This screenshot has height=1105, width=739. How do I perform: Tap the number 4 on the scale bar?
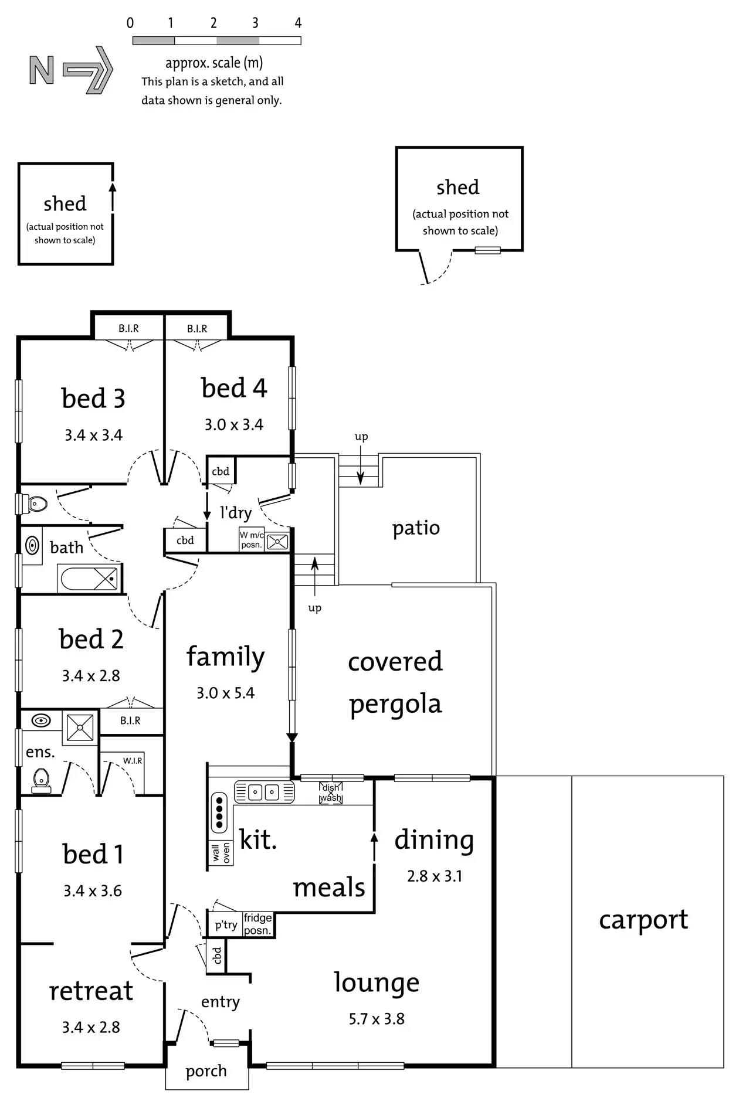pos(298,23)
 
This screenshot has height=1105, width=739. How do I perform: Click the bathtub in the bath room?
pos(89,579)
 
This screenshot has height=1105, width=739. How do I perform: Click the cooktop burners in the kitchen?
pos(219,812)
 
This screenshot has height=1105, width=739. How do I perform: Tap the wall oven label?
pos(221,854)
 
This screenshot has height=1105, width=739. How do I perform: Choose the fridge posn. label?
pos(258,924)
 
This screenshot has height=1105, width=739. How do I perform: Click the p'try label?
pos(226,926)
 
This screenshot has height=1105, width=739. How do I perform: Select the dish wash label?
pos(331,793)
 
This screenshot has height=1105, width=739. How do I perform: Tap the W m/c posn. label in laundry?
pos(252,540)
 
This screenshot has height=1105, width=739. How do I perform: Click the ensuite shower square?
pos(80,727)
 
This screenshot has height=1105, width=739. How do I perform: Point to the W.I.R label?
pos(133,761)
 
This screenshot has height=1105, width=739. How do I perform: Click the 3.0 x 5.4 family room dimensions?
pos(226,693)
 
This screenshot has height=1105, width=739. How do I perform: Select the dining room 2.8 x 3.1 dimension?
pos(435,876)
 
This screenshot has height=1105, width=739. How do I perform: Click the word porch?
pos(206,1072)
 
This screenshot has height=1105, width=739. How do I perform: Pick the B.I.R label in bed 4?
pos(197,329)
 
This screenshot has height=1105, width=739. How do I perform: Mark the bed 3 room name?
pos(93,399)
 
